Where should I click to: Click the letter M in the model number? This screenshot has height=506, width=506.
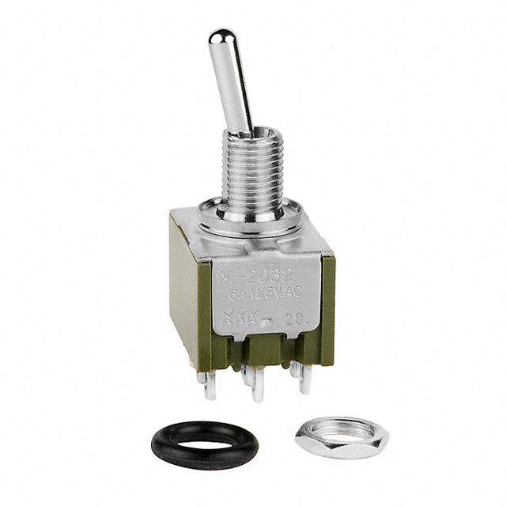227,277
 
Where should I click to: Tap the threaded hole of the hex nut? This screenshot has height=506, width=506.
332,432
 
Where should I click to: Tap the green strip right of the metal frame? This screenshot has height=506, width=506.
327,308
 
